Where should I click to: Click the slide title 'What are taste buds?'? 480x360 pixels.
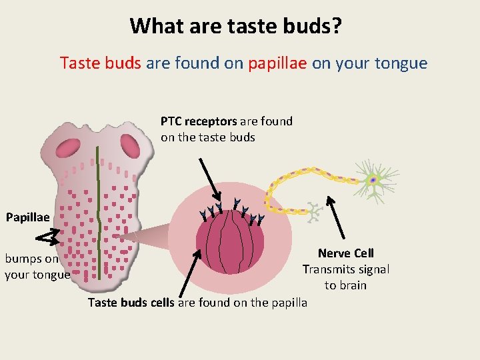coord(237,25)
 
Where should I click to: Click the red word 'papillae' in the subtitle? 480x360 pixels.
coord(277,63)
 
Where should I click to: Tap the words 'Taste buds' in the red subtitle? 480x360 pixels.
coord(100,63)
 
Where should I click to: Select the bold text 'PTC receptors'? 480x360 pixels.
coord(199,121)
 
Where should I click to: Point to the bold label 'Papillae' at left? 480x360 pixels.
coord(27,217)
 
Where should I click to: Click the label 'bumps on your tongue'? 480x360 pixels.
coord(37,267)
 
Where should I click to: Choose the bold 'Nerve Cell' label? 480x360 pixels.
coord(345,253)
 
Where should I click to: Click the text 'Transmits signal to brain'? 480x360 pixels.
coord(345,277)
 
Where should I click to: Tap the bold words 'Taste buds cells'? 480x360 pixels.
coord(131,303)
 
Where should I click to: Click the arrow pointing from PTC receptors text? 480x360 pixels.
coord(211,179)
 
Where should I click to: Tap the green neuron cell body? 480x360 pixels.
coord(373,179)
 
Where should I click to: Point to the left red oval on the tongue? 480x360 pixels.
coord(69,147)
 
